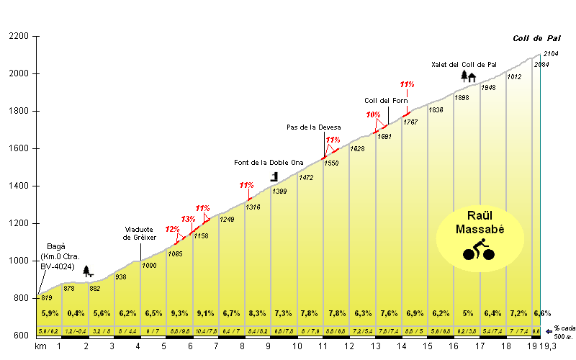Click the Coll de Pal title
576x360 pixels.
pyautogui.click(x=534, y=39)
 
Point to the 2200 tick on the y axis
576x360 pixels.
pyautogui.click(x=19, y=36)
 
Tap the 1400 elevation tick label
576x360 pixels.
pyautogui.click(x=19, y=186)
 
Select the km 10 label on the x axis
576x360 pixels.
pyautogui.click(x=297, y=347)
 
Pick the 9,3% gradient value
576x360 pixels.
pyautogui.click(x=179, y=313)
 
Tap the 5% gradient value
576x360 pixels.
pyautogui.click(x=467, y=313)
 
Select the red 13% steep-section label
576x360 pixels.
pyautogui.click(x=188, y=219)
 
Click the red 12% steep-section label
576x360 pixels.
pyautogui.click(x=172, y=229)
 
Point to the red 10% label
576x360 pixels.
pyautogui.click(x=373, y=114)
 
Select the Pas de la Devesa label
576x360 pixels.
pyautogui.click(x=313, y=127)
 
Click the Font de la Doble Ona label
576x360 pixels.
pyautogui.click(x=264, y=162)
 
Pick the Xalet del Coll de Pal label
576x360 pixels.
pyautogui.click(x=464, y=64)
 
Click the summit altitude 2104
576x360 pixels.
pyautogui.click(x=551, y=54)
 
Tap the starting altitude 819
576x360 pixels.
pyautogui.click(x=46, y=297)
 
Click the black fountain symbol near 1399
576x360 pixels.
pyautogui.click(x=274, y=176)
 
